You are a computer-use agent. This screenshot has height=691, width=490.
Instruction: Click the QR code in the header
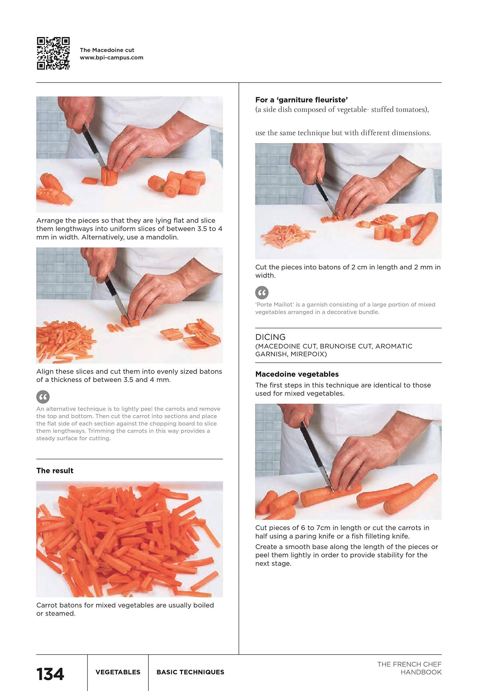53,53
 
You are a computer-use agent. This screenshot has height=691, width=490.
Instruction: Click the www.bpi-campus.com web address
111,58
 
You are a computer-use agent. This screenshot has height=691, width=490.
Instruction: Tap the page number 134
50,674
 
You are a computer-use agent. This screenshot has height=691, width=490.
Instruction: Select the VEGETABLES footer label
118,672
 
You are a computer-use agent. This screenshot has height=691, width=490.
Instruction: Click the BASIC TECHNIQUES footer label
190,672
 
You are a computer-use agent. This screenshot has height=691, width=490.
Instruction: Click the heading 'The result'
55,471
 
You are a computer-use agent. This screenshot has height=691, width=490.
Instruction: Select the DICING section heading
270,337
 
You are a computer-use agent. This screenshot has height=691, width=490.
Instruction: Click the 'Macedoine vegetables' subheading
297,374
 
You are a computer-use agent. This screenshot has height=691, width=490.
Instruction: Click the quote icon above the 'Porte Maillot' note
262,292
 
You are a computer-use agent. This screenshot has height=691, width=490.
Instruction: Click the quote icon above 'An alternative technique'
43,397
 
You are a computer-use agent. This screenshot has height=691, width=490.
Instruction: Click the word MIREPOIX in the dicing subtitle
308,354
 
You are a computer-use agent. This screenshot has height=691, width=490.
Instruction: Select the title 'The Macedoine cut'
107,50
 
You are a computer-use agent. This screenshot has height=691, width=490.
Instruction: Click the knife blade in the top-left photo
92,146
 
